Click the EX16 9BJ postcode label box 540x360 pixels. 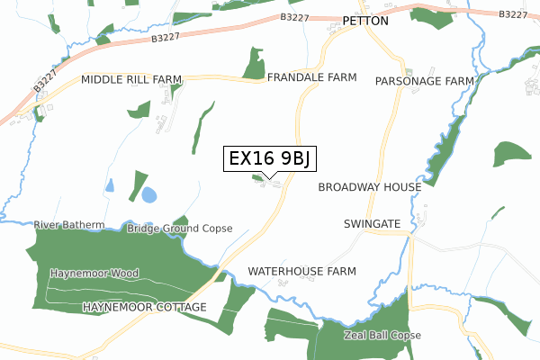(269, 158)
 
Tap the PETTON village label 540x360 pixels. (365, 21)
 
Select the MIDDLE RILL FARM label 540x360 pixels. (125, 80)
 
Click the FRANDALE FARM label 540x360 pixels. (312, 78)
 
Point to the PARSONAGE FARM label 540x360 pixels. (424, 81)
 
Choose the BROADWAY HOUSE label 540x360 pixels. (369, 187)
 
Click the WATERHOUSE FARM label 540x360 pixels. (301, 271)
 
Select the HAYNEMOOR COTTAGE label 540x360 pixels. (144, 308)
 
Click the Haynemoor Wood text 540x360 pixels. (94, 273)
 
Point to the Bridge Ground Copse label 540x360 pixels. (179, 229)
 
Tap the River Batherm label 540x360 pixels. (69, 224)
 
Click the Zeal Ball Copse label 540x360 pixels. (382, 335)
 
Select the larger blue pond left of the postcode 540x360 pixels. (148, 194)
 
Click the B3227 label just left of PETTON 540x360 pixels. (295, 16)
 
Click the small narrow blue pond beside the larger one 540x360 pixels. (110, 185)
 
